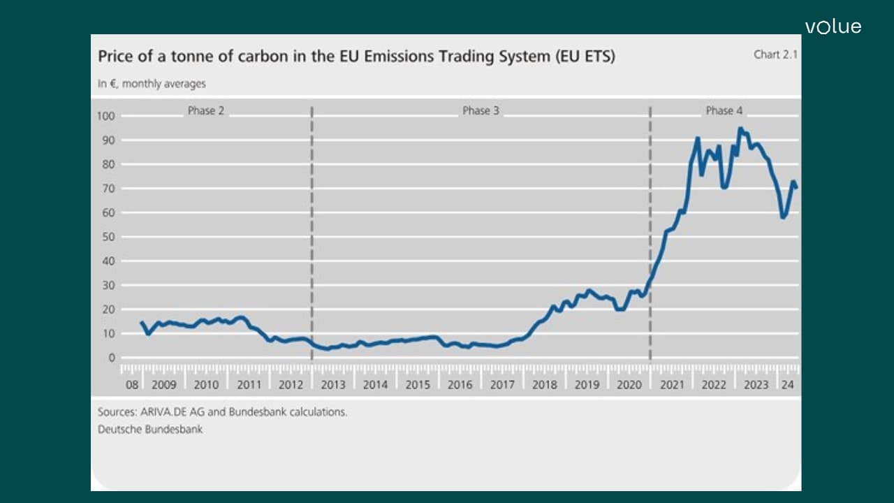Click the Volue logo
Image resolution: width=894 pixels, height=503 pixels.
coord(833,27)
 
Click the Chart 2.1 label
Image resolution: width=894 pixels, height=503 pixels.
coord(775,54)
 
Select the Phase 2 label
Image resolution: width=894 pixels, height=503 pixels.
coord(206,110)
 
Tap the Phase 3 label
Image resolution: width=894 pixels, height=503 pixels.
coord(481,110)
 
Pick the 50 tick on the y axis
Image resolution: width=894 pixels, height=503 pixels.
coord(110,237)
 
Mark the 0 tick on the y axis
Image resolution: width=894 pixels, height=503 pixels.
coord(112,358)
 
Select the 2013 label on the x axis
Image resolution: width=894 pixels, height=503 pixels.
coord(333,384)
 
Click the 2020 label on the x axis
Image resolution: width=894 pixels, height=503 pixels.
coord(629,384)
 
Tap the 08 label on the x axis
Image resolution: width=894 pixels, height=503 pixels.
coord(131,384)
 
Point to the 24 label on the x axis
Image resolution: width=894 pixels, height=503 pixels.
coord(787,384)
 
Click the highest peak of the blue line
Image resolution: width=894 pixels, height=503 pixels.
coord(740,129)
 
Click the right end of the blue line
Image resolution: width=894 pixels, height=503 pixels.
coord(796,187)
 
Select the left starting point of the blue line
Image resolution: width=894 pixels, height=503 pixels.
coord(141,322)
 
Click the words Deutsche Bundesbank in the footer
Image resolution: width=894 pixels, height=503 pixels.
coord(150,429)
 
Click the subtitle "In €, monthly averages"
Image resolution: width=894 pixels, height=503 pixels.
coord(152,84)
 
